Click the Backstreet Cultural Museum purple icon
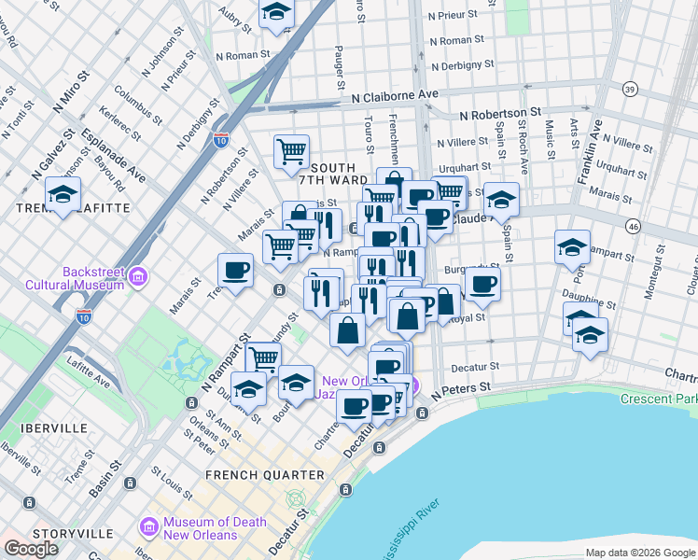[x=139, y=276]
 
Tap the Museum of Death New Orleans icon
[x=148, y=529]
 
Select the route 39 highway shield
[x=631, y=89]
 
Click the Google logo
[x=31, y=549]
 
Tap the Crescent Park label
[x=659, y=399]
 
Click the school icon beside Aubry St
[x=276, y=13]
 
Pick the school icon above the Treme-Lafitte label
[x=63, y=195]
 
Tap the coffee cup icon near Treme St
[x=235, y=271]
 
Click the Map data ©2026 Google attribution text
[x=639, y=553]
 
